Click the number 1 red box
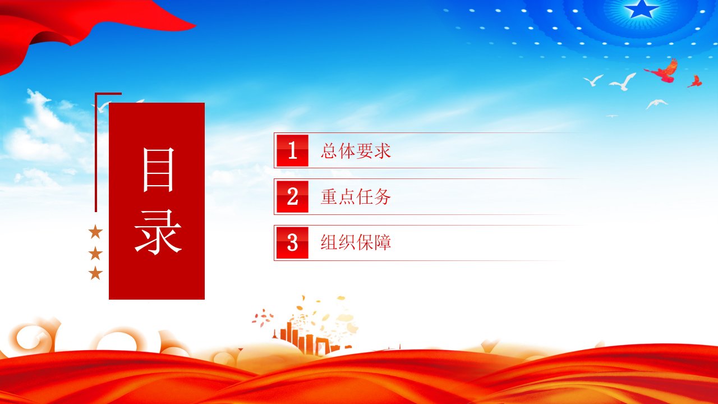click(x=292, y=150)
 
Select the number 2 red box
click(x=292, y=196)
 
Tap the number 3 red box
click(x=292, y=243)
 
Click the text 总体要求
click(x=356, y=151)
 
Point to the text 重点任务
click(x=356, y=196)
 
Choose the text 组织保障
click(x=356, y=242)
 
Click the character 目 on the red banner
click(x=158, y=169)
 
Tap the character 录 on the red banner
click(x=158, y=232)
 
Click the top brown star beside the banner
click(x=95, y=232)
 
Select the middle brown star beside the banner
click(x=95, y=253)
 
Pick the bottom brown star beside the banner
click(x=95, y=273)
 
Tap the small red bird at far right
click(x=694, y=81)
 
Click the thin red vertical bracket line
click(x=96, y=152)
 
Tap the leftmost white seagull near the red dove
click(x=593, y=80)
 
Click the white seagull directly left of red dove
click(x=623, y=82)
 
